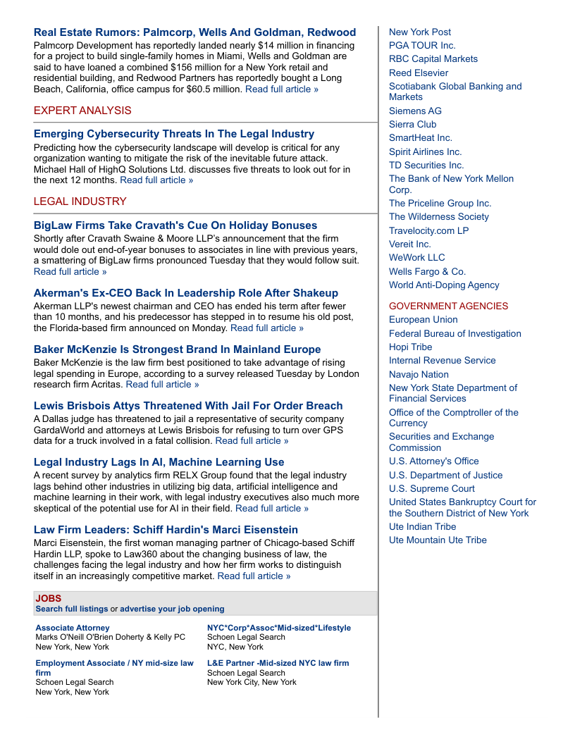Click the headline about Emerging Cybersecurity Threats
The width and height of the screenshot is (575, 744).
pos(174,134)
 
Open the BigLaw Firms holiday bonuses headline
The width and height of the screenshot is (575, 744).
pos(175,225)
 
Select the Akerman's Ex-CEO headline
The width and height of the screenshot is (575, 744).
pos(186,293)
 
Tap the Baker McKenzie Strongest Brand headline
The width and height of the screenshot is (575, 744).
pos(178,349)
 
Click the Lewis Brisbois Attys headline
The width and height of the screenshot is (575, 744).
pos(188,406)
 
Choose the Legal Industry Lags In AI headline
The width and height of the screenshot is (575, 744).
pos(159,462)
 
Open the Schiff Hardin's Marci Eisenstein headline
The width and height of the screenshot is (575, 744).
pos(166,530)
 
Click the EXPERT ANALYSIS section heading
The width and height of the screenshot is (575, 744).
pos(82,111)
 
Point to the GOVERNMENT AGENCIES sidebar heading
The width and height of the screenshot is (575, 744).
pos(448,306)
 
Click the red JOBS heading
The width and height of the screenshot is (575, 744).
pos(49,599)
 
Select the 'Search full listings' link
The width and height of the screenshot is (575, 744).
pos(72,609)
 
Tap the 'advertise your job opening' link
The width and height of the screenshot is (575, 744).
pos(172,609)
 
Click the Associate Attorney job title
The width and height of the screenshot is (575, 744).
pos(73,628)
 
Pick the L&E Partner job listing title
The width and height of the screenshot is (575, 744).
pos(278,663)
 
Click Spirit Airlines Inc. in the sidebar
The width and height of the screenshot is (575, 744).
pos(425,151)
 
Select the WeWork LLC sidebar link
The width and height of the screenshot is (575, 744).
pos(416,257)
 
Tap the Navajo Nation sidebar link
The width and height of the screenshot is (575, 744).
pos(419,374)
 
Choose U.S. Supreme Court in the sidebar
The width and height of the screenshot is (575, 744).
pos(432,488)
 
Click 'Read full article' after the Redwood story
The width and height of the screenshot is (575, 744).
pos(282,89)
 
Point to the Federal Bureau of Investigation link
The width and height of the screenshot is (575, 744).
pos(455,333)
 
